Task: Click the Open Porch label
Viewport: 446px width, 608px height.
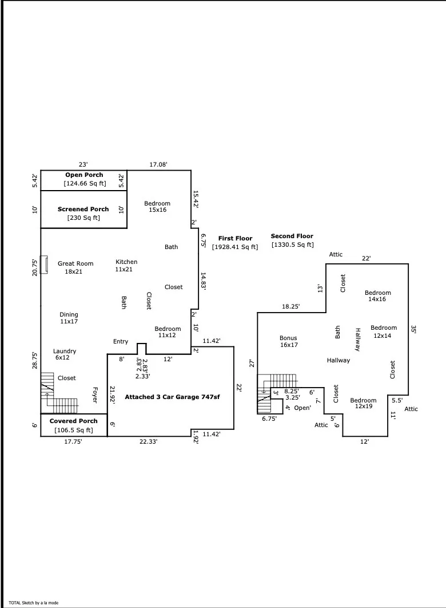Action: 84,175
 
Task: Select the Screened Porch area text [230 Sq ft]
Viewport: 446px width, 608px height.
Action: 83,218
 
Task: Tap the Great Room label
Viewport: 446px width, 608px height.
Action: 75,264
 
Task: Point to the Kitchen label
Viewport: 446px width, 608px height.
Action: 126,262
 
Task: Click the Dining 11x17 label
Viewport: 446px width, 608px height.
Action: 69,318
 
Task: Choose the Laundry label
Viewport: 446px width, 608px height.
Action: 64,352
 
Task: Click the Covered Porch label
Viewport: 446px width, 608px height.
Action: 74,421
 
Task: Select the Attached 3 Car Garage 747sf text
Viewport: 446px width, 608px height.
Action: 172,397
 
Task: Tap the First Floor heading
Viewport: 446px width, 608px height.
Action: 235,239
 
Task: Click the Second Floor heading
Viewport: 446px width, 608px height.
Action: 292,236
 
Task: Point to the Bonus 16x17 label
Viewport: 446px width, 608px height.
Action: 288,341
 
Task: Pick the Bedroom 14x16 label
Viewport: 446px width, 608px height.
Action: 377,296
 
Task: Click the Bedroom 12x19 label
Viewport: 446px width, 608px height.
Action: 363,403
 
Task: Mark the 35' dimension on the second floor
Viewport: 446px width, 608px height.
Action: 413,329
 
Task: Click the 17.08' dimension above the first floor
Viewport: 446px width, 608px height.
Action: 158,165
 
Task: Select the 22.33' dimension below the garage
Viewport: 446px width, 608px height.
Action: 148,441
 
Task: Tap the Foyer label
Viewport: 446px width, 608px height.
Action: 95,394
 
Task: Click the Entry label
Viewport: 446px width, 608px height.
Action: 121,342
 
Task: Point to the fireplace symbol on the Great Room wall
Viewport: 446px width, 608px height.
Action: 44,265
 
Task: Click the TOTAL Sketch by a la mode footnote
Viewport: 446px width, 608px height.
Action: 33,603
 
